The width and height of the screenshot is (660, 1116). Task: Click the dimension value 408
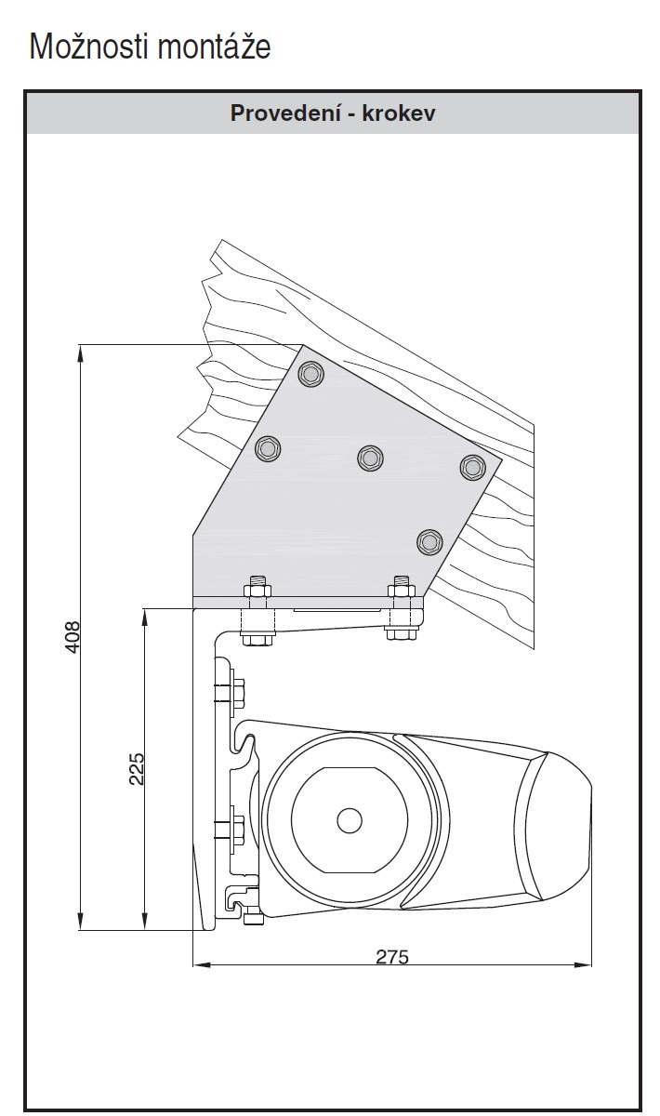click(x=73, y=637)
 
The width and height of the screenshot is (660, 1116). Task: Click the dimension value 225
click(x=137, y=768)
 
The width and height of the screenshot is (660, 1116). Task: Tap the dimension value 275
click(x=391, y=956)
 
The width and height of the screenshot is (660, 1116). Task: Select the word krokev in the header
click(x=401, y=113)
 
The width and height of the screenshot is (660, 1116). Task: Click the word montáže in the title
click(x=214, y=46)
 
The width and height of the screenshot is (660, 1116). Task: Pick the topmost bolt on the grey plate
click(x=311, y=374)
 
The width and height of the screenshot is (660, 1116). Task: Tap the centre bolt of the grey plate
click(x=370, y=457)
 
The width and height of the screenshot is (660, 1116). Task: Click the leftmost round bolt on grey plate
click(x=269, y=449)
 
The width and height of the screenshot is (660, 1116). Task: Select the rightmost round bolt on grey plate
click(x=472, y=467)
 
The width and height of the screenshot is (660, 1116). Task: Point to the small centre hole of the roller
click(x=350, y=820)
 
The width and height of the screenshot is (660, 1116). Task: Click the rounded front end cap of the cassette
click(x=559, y=818)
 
